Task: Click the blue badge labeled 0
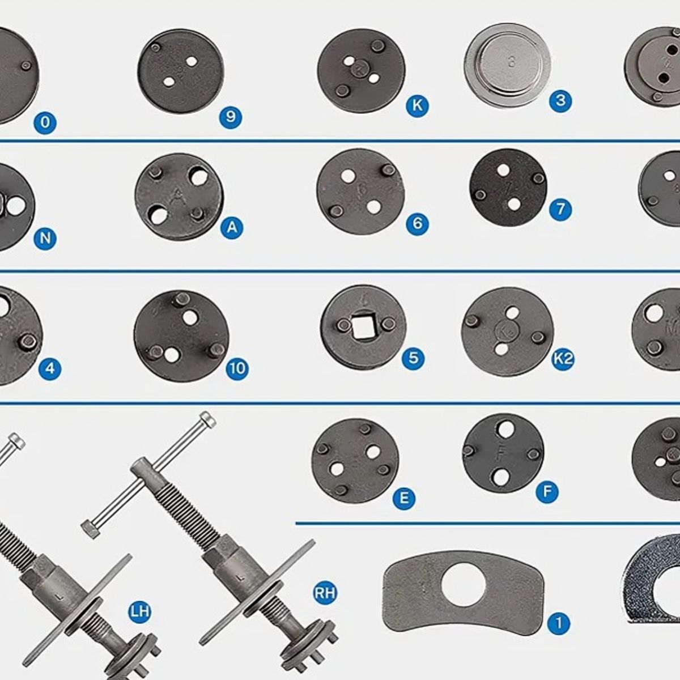[x=45, y=122]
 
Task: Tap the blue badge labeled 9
[x=231, y=117]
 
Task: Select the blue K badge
[x=418, y=105]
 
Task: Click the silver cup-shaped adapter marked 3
[x=507, y=64]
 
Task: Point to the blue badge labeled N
[x=45, y=239]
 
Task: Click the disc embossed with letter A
[x=179, y=197]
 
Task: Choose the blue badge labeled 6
[x=418, y=223]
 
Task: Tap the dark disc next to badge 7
[x=508, y=187]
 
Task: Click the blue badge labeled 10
[x=237, y=369]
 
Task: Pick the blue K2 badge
[x=563, y=359]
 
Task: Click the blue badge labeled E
[x=404, y=498]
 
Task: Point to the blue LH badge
[x=139, y=611]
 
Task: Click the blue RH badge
[x=325, y=593]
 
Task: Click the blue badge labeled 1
[x=559, y=624]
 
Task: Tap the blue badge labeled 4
[x=50, y=369]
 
